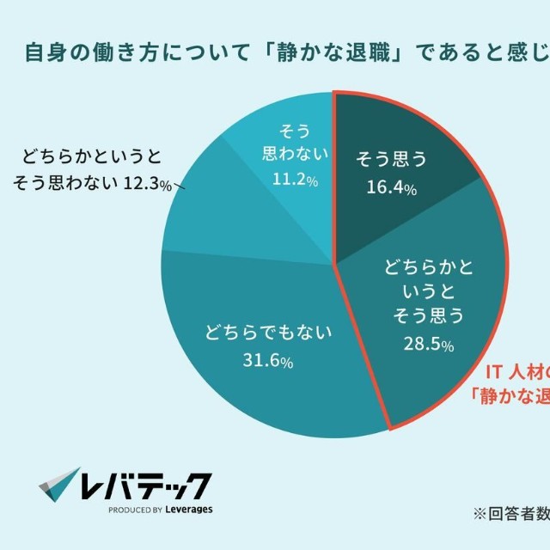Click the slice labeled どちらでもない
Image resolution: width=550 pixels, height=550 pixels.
[258, 378]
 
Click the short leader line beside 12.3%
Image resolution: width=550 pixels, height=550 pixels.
[180, 185]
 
